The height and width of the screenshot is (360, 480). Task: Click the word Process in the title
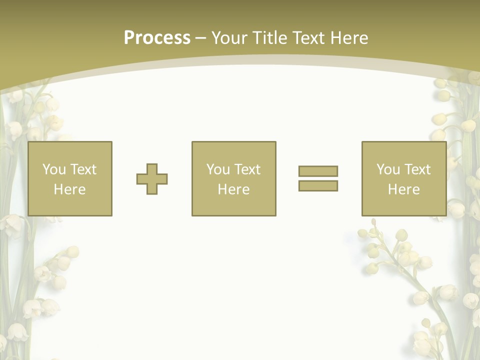click(x=157, y=38)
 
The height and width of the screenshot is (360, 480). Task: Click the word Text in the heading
click(x=309, y=38)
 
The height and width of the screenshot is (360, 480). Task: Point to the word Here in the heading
click(x=349, y=38)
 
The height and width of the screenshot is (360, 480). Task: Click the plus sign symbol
click(x=152, y=179)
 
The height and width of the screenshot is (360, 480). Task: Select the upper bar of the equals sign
click(x=318, y=171)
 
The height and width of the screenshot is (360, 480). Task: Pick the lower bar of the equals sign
click(x=318, y=185)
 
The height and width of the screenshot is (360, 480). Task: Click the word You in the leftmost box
click(x=53, y=169)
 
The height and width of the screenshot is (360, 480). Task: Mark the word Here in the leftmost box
click(x=69, y=189)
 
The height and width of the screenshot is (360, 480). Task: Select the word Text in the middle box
click(x=247, y=169)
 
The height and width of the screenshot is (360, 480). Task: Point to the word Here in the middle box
click(x=233, y=189)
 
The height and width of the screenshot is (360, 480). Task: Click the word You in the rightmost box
click(x=387, y=169)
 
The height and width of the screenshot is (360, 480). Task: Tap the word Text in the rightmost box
click(x=417, y=169)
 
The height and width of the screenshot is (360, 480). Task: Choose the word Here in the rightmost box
click(x=403, y=189)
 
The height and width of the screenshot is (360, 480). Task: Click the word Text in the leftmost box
click(x=83, y=169)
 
